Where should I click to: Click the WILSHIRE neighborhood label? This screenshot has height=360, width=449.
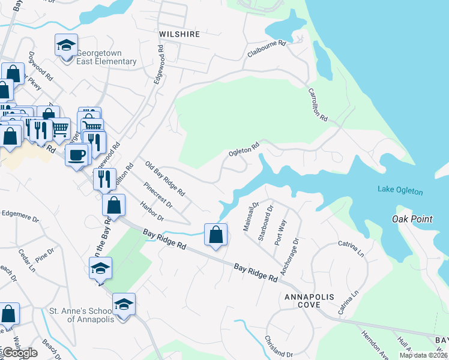pyautogui.click(x=179, y=34)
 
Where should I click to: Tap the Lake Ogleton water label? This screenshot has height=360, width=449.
pyautogui.click(x=400, y=191)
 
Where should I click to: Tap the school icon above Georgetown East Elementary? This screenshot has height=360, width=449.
pyautogui.click(x=67, y=44)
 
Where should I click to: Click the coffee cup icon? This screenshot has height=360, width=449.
pyautogui.click(x=76, y=155)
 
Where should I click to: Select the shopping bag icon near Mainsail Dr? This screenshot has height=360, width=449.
pyautogui.click(x=216, y=235)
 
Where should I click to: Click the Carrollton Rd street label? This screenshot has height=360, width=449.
pyautogui.click(x=318, y=106)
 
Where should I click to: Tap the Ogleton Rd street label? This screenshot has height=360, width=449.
pyautogui.click(x=244, y=149)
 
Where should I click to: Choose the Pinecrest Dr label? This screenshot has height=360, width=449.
pyautogui.click(x=158, y=196)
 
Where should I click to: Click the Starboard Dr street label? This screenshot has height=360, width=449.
pyautogui.click(x=265, y=223)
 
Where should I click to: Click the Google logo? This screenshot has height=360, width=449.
pyautogui.click(x=19, y=352)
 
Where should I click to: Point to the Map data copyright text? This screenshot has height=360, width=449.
pyautogui.click(x=423, y=355)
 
